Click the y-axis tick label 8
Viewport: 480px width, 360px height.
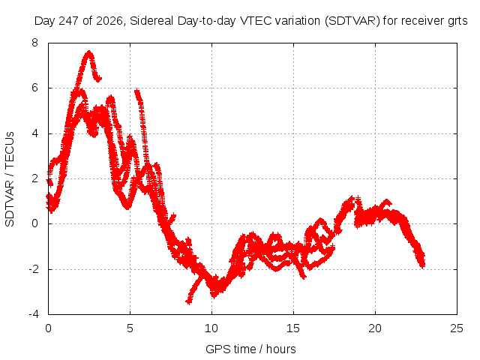[34, 43]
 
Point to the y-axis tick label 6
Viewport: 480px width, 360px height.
[34, 88]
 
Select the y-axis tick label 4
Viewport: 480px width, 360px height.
[34, 133]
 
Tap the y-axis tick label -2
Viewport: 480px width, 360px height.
[33, 269]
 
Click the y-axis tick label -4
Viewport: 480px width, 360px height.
[33, 314]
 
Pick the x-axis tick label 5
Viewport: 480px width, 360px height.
[130, 328]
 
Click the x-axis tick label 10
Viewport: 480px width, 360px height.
[211, 328]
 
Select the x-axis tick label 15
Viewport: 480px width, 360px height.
[293, 328]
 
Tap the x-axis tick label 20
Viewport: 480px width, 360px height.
[375, 328]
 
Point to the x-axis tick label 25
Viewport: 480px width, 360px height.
[457, 328]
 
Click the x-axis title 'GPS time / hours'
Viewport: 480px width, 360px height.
[250, 349]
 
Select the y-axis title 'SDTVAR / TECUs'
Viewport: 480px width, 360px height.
[10, 179]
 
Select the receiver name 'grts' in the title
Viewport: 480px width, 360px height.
[457, 22]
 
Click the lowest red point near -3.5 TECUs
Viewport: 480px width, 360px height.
[189, 301]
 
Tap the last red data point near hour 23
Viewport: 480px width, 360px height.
[422, 265]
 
